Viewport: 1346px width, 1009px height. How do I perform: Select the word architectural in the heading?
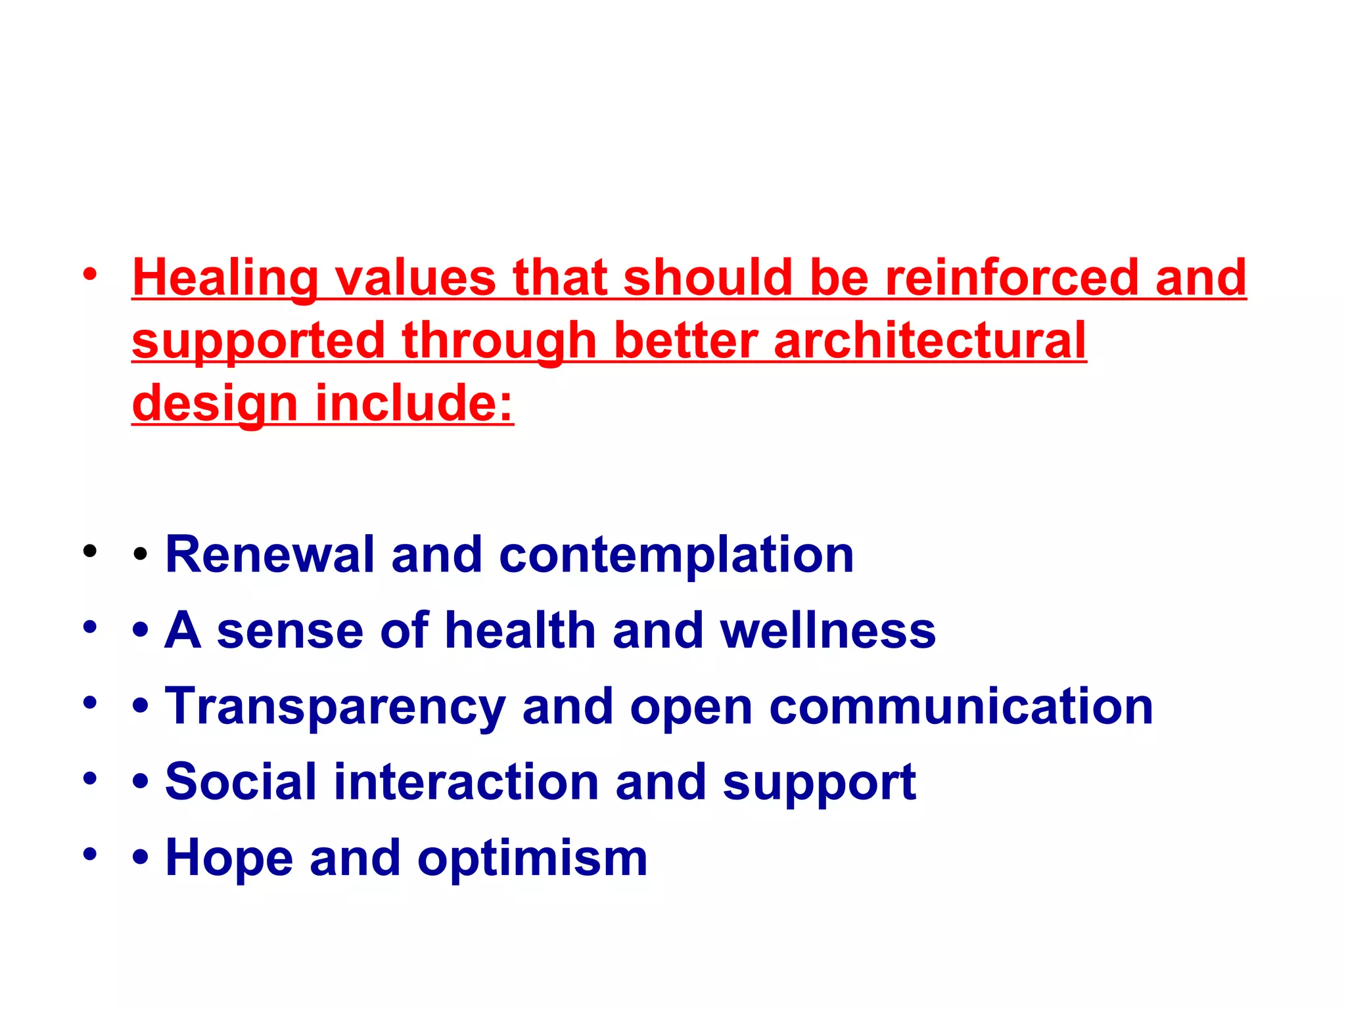[x=929, y=340]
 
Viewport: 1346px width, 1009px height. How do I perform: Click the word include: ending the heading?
[x=414, y=403]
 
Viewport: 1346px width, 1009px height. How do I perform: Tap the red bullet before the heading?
[x=90, y=274]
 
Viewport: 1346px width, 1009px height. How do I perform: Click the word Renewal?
[x=270, y=554]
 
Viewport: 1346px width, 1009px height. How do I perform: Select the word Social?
[x=241, y=782]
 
